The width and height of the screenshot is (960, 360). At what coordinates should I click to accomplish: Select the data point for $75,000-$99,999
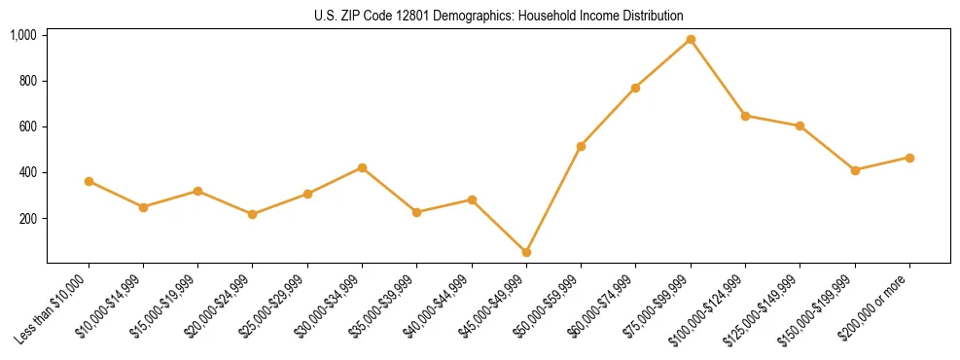point(691,39)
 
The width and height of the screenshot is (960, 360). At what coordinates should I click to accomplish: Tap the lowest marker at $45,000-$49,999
point(526,252)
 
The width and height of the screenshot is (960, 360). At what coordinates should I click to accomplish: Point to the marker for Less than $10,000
point(89,181)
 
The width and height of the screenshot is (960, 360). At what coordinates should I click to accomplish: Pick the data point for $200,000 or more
point(909,158)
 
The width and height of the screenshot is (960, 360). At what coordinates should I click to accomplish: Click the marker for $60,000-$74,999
point(635,88)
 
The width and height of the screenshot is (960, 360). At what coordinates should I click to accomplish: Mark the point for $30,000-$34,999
point(362,167)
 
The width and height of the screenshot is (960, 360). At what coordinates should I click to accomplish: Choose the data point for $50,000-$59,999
point(581,146)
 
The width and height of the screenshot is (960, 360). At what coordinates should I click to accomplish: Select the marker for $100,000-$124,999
point(745,116)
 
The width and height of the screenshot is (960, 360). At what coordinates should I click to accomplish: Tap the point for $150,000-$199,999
point(855,170)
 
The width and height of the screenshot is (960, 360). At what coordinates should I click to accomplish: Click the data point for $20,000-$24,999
point(253,214)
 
